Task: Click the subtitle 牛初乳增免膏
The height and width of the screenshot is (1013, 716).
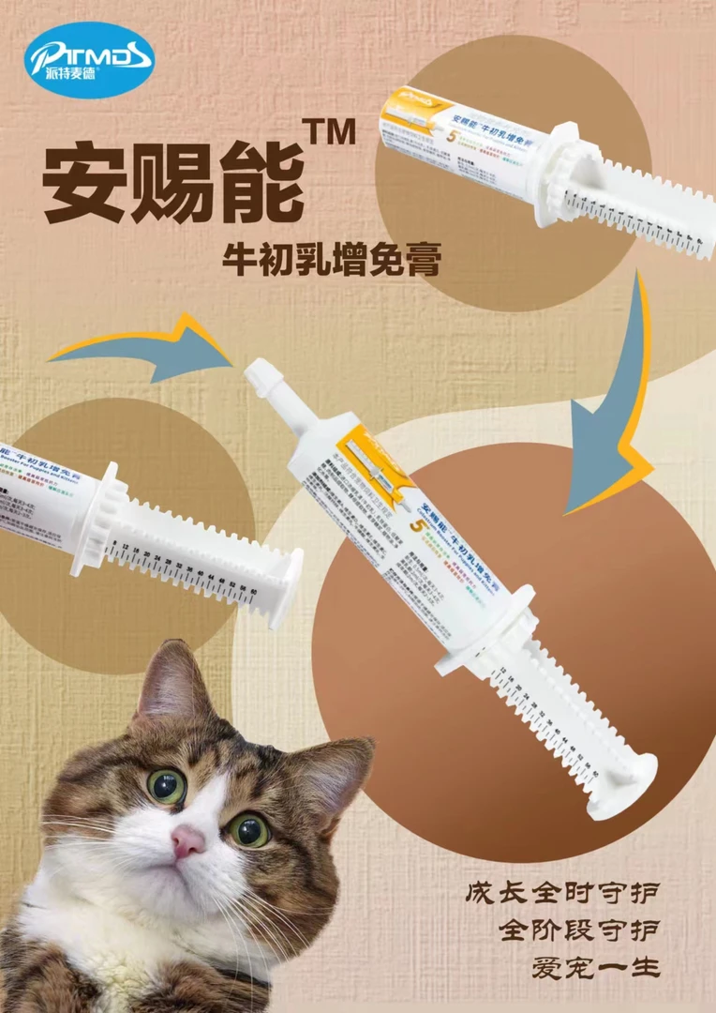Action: pyautogui.click(x=330, y=257)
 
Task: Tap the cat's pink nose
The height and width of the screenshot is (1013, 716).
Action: pyautogui.click(x=187, y=841)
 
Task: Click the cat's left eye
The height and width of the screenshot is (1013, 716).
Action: pyautogui.click(x=167, y=786)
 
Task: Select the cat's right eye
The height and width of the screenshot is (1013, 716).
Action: pyautogui.click(x=249, y=829)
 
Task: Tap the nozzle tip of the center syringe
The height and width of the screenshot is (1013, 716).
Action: pyautogui.click(x=257, y=374)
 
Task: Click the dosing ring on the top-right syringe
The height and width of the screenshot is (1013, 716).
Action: pyautogui.click(x=556, y=177)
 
